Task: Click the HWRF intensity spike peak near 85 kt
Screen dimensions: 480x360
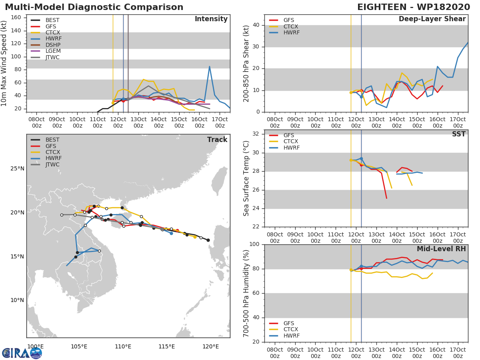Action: click(x=210, y=67)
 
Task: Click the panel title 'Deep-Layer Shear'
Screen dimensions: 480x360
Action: click(x=432, y=19)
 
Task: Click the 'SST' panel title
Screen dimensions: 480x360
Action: click(x=459, y=134)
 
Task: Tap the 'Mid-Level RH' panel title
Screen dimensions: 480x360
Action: click(x=441, y=249)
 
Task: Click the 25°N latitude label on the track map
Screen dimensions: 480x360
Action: click(x=17, y=168)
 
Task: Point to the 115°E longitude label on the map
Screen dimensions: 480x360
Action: click(x=166, y=346)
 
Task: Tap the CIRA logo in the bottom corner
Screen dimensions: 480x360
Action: click(x=22, y=353)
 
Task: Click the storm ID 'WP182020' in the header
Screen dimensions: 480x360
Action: click(x=444, y=7)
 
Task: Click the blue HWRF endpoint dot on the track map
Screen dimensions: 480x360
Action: click(x=171, y=234)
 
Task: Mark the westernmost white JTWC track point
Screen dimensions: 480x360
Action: click(x=62, y=215)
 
